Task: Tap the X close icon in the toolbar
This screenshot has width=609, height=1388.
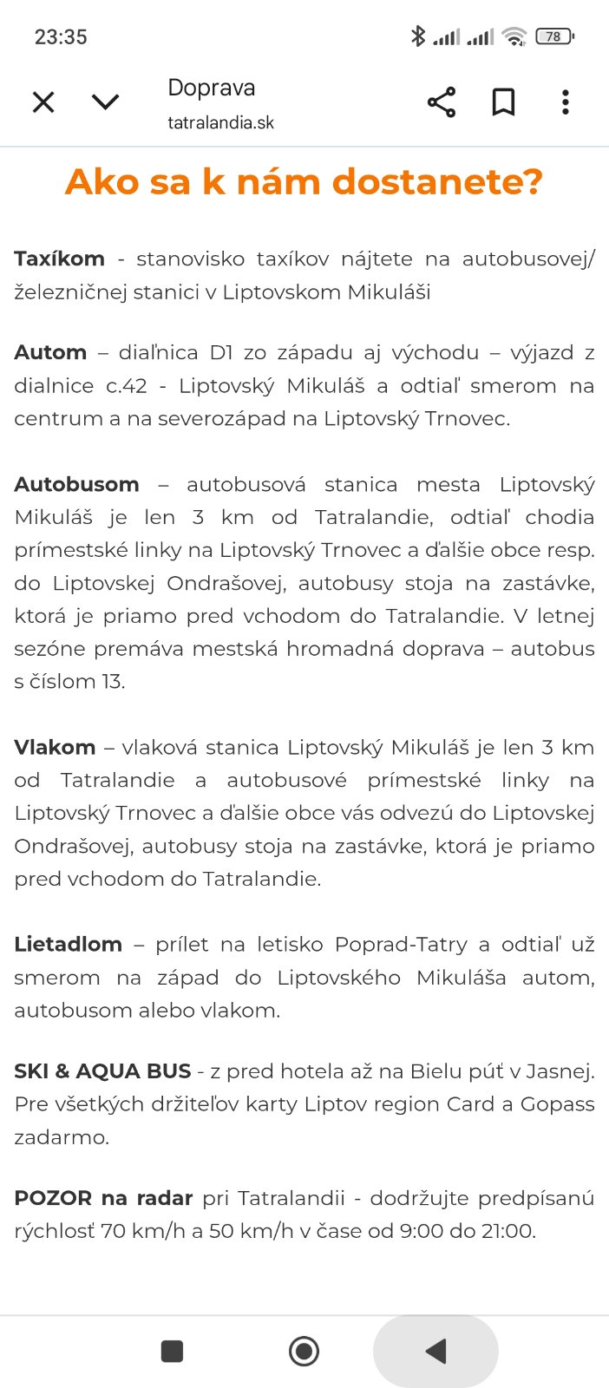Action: [x=43, y=102]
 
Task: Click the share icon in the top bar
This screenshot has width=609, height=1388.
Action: [x=442, y=102]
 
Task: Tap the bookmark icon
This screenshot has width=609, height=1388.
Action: [x=503, y=102]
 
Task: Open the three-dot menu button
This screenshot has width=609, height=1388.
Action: [x=566, y=102]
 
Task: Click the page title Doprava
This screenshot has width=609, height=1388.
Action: [x=212, y=88]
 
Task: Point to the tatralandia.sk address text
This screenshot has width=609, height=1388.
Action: [x=220, y=123]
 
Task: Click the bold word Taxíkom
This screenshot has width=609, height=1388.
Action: [x=59, y=259]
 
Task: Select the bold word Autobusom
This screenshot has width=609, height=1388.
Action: [x=76, y=484]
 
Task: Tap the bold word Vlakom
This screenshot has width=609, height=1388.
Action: [x=55, y=747]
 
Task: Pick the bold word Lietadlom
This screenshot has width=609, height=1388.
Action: [x=68, y=944]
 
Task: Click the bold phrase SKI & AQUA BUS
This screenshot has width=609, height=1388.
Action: [x=102, y=1071]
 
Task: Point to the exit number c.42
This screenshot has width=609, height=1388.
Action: [x=127, y=386]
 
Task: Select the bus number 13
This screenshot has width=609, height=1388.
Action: [x=112, y=682]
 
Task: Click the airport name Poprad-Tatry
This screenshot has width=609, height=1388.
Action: [x=401, y=944]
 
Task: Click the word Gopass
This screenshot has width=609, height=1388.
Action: [x=557, y=1104]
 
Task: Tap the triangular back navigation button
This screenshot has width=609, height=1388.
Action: [x=436, y=1351]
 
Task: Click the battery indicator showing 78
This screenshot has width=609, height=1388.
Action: [x=554, y=36]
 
